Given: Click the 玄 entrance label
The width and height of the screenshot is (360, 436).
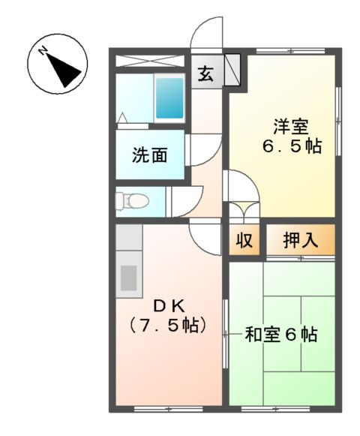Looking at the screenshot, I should point(205,74).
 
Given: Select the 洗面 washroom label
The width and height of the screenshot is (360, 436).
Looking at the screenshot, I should point(150,155).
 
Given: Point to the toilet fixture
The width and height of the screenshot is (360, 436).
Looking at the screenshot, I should point(132,200).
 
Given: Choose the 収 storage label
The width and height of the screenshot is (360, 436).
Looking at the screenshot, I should point(244,241).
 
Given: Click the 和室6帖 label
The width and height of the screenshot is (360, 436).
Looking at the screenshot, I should point(281,335).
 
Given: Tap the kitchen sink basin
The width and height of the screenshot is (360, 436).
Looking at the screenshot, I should point(129,278).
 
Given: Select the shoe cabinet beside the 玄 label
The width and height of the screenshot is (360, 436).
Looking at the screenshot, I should point(232,70).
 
